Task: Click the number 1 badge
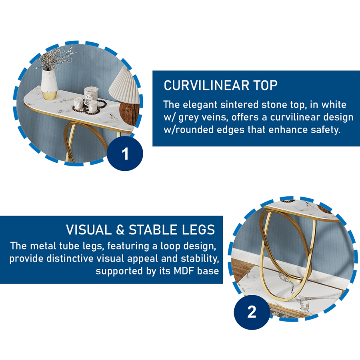[x=125, y=153]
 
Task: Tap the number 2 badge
[x=252, y=312]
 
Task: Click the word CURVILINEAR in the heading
[x=206, y=86]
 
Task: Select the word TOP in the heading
[x=266, y=86]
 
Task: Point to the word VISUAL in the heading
[x=89, y=230]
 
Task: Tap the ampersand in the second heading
[x=120, y=230]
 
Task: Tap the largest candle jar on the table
[x=91, y=96]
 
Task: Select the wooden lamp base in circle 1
[x=129, y=114]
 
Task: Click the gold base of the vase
[x=49, y=95]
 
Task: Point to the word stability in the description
[x=200, y=259]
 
